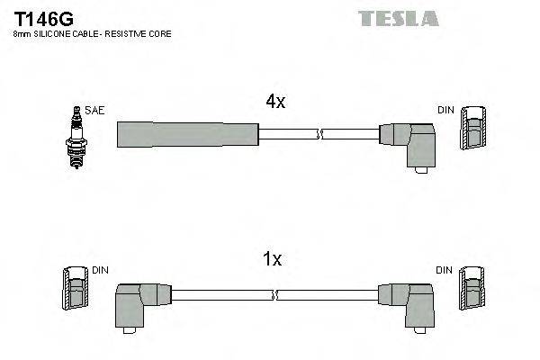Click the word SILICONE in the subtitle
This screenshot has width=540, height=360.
[56, 33]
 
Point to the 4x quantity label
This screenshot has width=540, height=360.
[274, 103]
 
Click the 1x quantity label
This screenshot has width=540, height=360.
[271, 259]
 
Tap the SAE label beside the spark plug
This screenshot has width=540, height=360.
[95, 110]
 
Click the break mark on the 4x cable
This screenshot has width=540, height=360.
[318, 134]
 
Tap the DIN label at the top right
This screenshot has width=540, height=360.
[445, 110]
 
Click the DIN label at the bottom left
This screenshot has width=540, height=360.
[100, 270]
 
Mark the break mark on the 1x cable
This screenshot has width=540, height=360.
[274, 294]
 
